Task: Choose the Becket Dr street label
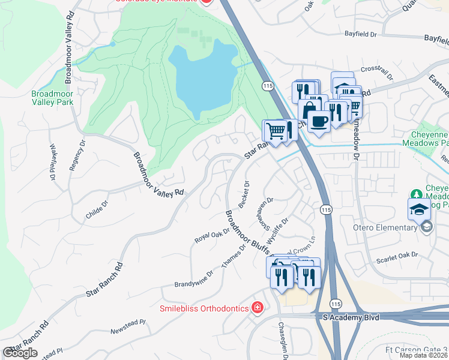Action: [x=244, y=194]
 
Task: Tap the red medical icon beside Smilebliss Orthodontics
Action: [x=258, y=308]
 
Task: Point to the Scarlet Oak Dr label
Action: [x=396, y=260]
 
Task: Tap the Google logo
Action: [x=20, y=353]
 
